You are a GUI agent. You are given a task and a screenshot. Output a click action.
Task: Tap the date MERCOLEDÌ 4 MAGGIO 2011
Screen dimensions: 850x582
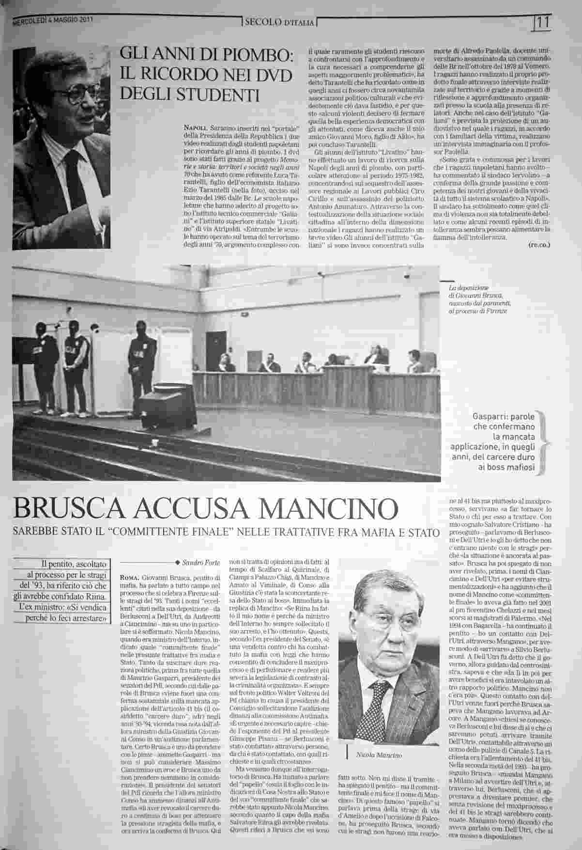click(x=52, y=20)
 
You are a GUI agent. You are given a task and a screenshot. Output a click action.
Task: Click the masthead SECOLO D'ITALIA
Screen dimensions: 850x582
click(x=280, y=22)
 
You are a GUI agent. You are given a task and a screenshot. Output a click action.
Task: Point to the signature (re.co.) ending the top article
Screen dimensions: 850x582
click(x=539, y=245)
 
